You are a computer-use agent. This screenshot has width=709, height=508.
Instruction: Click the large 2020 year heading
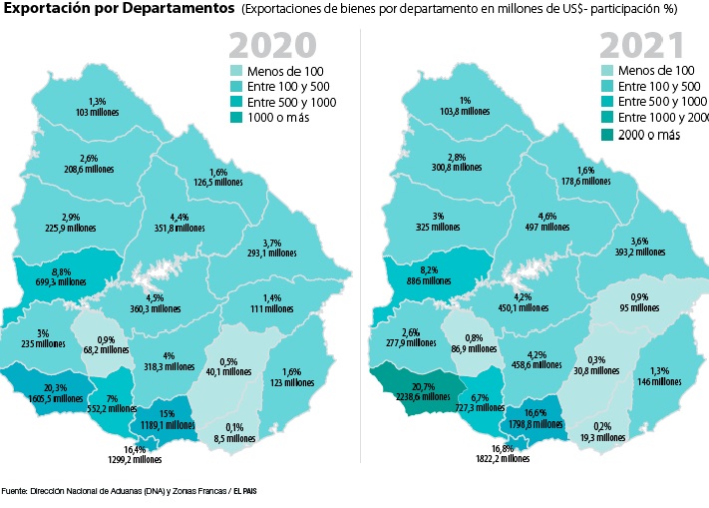(273, 46)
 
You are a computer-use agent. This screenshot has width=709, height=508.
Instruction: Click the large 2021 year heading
(640, 46)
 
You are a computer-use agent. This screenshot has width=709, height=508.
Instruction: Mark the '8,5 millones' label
(234, 437)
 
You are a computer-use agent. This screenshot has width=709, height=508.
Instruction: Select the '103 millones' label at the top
(97, 113)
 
